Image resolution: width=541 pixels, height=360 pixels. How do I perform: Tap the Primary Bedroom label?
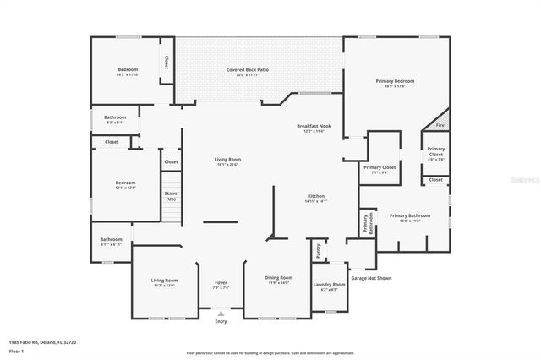pos(395,83)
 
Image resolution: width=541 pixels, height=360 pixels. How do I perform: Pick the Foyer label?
pos(221,285)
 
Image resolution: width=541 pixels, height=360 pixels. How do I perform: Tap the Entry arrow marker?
pos(221,313)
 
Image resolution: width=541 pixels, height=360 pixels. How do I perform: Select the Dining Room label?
pos(280,280)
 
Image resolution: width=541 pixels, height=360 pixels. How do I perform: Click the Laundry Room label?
pos(330,286)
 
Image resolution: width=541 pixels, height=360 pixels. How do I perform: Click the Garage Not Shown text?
pos(371,277)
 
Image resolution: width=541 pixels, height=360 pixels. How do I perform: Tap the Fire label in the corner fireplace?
pos(440,125)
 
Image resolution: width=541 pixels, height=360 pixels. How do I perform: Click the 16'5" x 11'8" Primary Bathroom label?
pos(410,218)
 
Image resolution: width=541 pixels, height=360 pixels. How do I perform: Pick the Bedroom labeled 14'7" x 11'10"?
pos(128,71)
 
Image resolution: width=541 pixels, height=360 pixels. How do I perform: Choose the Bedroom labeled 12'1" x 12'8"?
pos(125,184)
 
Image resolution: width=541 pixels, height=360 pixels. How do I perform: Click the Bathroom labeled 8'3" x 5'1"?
pos(115,119)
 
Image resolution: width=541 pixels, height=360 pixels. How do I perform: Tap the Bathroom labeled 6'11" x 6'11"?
pos(112,242)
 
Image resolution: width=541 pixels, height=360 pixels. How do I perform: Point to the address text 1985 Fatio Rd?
pos(42,342)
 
